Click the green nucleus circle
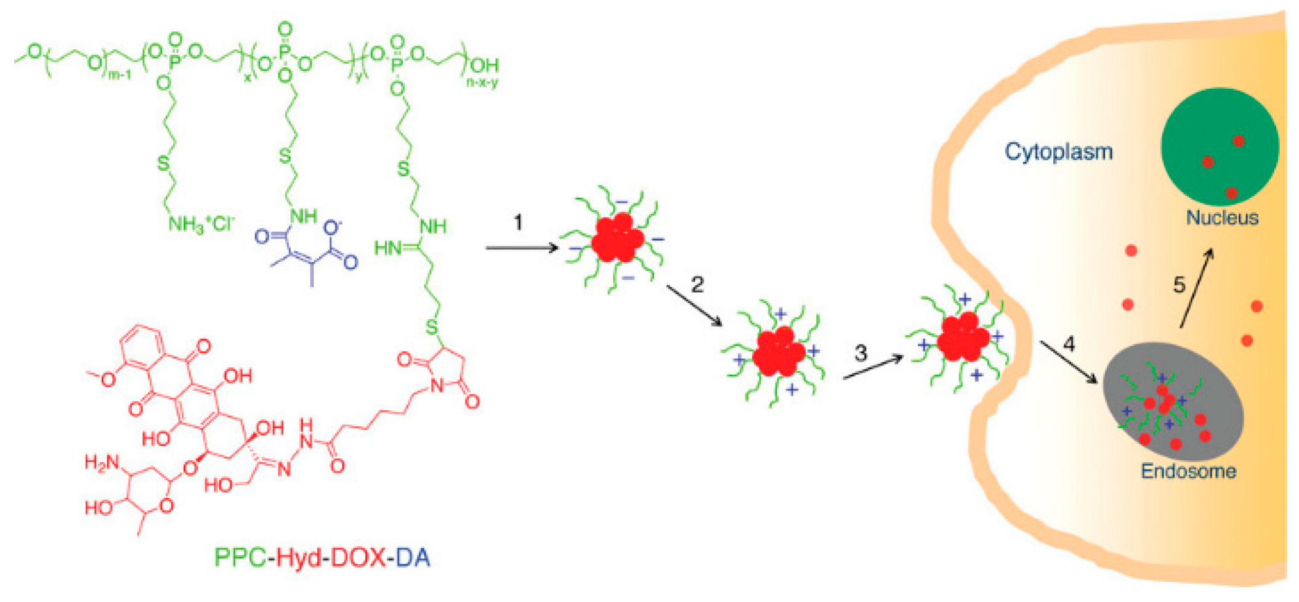[x=1220, y=147]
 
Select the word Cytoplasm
[x=1059, y=152]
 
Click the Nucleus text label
[x=1222, y=218]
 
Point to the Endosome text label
[x=1188, y=471]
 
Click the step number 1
[x=518, y=222]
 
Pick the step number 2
[x=697, y=285]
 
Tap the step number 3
[x=860, y=353]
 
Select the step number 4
[x=1069, y=343]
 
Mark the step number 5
[x=1179, y=285]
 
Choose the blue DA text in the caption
[x=413, y=558]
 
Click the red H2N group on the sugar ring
[x=102, y=462]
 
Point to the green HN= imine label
[x=390, y=248]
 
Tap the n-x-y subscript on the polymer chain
[x=482, y=82]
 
